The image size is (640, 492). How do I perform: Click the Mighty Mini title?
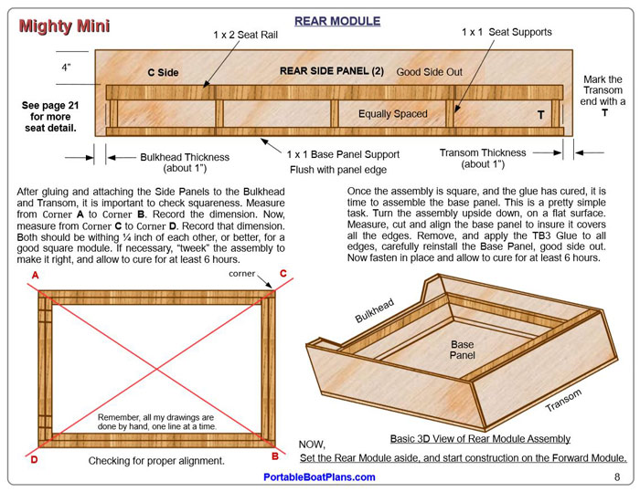60,26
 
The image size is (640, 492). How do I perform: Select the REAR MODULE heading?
331,20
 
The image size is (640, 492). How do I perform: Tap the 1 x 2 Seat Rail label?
245,35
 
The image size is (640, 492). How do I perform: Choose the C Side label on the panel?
163,72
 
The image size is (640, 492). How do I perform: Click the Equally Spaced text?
392,114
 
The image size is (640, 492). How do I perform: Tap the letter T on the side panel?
540,116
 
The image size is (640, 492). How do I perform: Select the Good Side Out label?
429,71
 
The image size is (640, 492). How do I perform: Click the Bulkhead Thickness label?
185,162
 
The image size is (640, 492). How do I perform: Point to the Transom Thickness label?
483,159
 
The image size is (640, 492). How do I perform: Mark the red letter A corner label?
36,275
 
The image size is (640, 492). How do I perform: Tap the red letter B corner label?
273,455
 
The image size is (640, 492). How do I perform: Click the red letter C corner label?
283,274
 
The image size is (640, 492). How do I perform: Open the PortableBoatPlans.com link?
319,477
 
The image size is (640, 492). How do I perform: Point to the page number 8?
617,476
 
